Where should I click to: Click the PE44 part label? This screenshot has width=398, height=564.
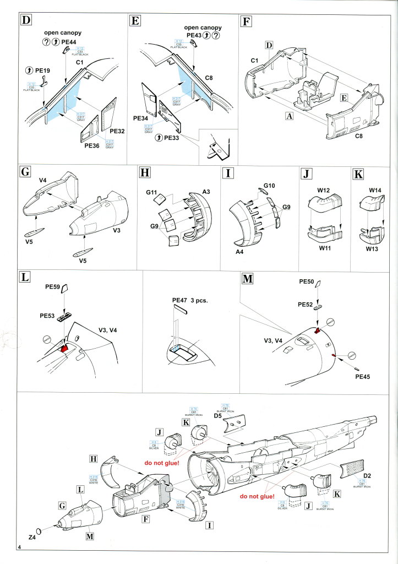click(69, 42)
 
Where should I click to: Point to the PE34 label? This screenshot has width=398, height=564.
click(141, 118)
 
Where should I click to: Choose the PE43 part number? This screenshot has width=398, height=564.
click(195, 35)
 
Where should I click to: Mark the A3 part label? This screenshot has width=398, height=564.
click(206, 191)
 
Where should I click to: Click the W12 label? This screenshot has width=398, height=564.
click(323, 190)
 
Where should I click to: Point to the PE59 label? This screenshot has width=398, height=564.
click(52, 287)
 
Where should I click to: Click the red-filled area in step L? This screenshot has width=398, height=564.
click(64, 349)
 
